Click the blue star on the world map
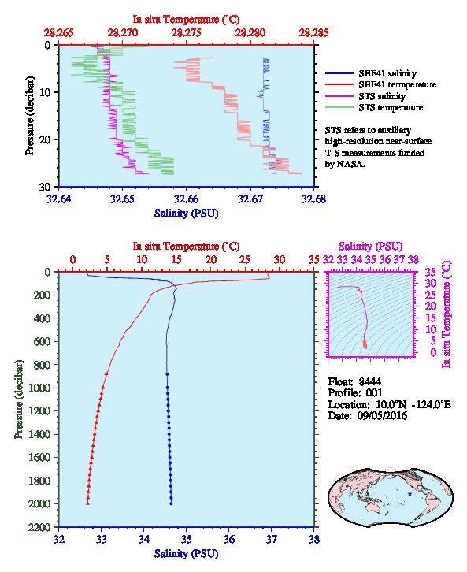410,493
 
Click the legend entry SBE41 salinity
387,73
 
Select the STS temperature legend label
391,107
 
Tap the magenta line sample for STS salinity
339,96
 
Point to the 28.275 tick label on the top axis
186,33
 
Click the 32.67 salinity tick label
250,199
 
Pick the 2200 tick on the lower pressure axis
40,527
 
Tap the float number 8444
369,381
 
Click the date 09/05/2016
382,415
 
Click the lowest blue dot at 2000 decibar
171,503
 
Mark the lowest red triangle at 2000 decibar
87,503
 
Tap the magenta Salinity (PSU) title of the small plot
370,247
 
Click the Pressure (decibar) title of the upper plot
30,116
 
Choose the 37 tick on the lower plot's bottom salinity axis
271,539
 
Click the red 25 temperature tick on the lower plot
245,259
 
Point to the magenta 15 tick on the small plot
431,318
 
